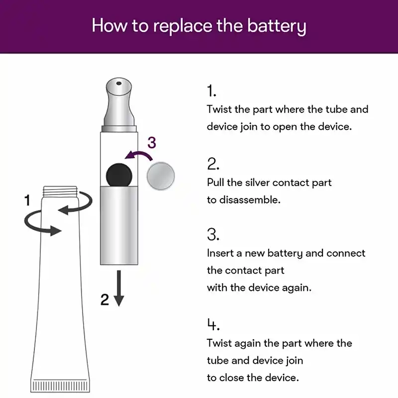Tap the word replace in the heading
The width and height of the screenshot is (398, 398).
click(x=178, y=25)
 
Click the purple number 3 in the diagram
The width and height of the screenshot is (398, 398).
click(x=152, y=143)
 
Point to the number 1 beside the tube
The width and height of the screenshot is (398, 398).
click(x=28, y=200)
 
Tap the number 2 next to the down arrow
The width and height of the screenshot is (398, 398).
click(x=104, y=299)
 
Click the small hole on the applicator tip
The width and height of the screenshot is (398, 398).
click(x=118, y=85)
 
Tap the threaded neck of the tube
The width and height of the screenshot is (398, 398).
click(x=61, y=191)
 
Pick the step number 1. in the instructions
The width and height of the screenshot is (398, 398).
click(x=212, y=91)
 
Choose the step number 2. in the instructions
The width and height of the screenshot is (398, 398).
click(x=213, y=164)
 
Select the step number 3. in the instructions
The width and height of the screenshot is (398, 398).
click(x=213, y=234)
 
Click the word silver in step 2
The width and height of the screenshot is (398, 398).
click(x=257, y=183)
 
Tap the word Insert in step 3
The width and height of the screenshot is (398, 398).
click(x=220, y=253)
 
